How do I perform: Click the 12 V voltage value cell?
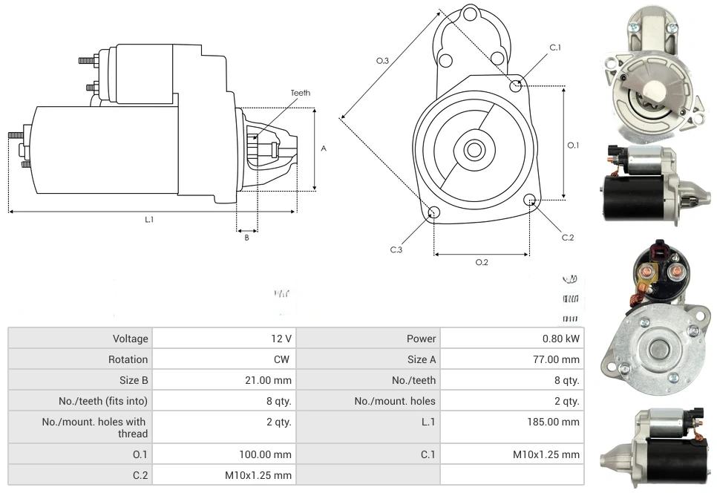click(x=281, y=339)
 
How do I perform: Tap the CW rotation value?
click(x=283, y=359)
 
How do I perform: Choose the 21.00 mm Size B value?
click(x=271, y=380)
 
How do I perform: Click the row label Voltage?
click(x=130, y=339)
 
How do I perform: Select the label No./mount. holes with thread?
click(x=94, y=428)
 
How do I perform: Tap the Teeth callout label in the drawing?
click(x=300, y=93)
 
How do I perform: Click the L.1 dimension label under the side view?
click(x=149, y=219)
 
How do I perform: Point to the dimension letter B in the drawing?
click(x=247, y=238)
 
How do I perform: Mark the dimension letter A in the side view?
click(x=324, y=148)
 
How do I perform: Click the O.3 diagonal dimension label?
click(x=382, y=61)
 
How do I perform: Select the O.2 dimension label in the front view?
click(x=482, y=262)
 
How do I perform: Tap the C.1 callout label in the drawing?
click(x=555, y=48)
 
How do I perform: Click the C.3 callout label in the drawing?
click(x=396, y=250)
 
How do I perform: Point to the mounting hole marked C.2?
click(x=530, y=200)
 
